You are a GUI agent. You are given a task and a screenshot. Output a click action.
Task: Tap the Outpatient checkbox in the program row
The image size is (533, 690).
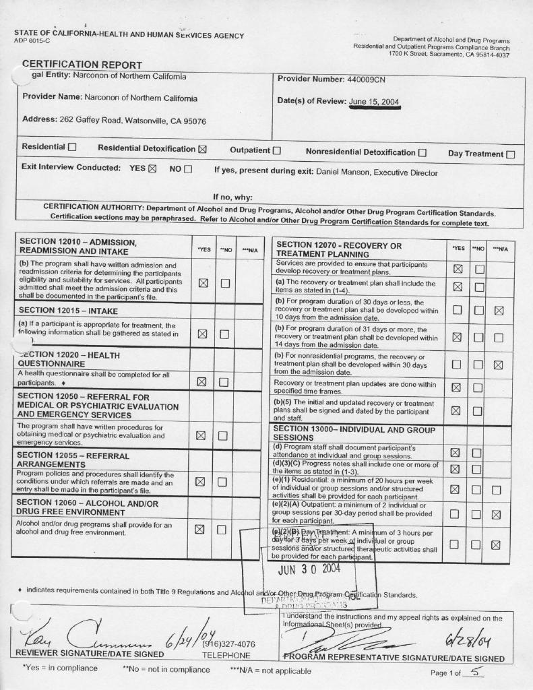pos(276,151)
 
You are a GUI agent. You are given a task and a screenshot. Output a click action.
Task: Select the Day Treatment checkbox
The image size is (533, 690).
pos(510,154)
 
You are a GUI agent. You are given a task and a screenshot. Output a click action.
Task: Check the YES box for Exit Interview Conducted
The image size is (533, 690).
pos(152,168)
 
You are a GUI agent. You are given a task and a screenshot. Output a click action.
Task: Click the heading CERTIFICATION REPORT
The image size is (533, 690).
pos(82,65)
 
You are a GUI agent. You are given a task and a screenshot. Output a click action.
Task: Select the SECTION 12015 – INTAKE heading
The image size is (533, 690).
pos(68,311)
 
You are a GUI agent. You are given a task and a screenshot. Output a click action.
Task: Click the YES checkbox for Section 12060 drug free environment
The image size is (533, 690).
pos(200,529)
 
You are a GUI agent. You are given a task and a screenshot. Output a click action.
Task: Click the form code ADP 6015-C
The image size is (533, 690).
pos(32,41)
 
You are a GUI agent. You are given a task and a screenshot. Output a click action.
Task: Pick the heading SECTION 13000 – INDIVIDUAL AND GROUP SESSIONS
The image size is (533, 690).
pos(354,433)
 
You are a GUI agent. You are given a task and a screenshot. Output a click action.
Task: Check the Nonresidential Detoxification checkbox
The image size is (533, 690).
pos(422,153)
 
